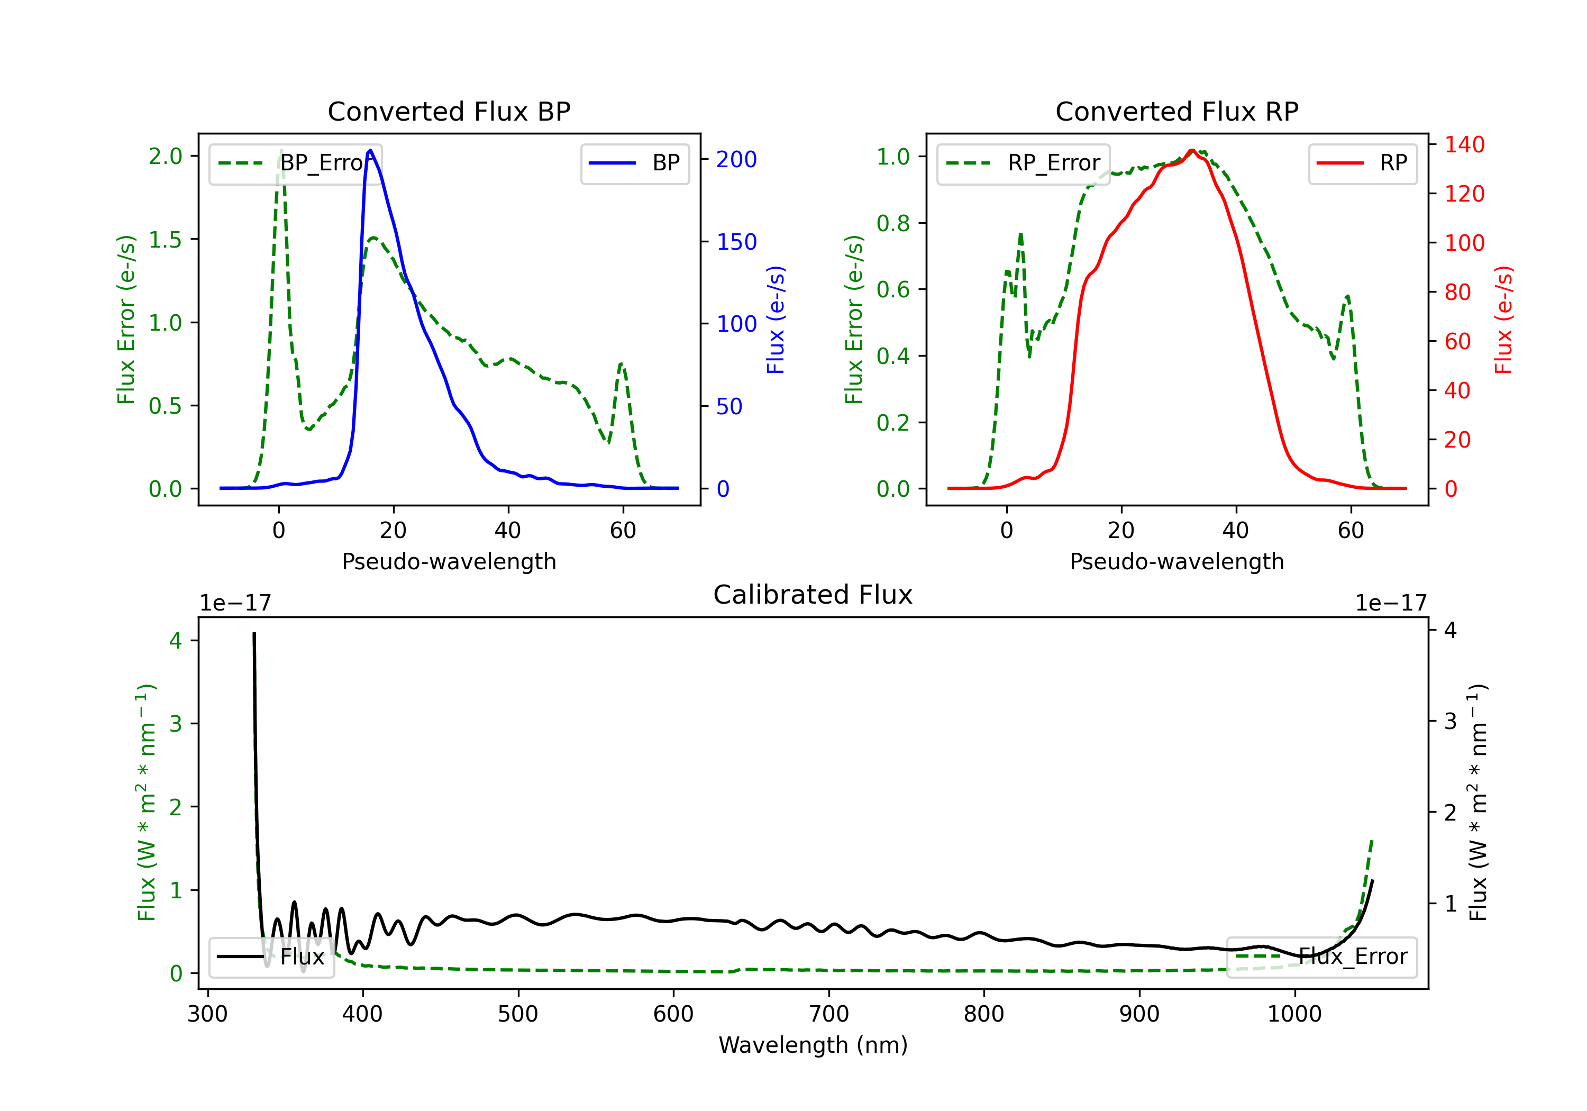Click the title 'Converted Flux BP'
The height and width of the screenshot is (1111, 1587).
tap(449, 111)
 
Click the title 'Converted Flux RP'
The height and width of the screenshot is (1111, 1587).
tap(1176, 111)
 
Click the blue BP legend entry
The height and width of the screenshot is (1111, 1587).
tap(634, 163)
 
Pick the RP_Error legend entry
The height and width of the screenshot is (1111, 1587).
tap(1023, 163)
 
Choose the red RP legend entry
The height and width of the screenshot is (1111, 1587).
tap(1362, 163)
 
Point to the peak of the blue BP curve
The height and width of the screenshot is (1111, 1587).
tap(370, 151)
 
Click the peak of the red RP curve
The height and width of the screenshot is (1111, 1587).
tap(1192, 151)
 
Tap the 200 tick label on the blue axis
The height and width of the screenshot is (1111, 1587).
tap(736, 160)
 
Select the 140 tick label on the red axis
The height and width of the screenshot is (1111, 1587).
tap(1464, 144)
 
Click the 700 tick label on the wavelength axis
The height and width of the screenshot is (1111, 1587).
tap(829, 1014)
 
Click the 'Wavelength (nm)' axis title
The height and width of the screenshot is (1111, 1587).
tap(813, 1045)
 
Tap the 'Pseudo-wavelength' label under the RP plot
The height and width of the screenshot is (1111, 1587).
tap(1176, 561)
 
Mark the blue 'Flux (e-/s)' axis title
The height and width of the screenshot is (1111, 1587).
tap(776, 320)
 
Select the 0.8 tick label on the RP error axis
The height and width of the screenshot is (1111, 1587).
tap(893, 223)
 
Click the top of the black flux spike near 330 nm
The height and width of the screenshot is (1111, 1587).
tap(254, 634)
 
